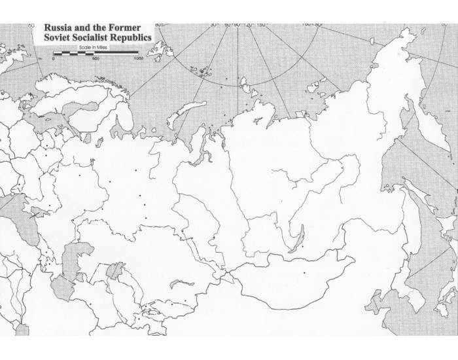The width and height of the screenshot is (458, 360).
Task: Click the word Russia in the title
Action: (58, 29)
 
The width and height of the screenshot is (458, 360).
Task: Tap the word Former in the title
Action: (122, 29)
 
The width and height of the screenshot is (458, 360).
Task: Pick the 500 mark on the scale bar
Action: (96, 59)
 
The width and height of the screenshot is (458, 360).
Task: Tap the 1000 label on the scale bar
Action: (139, 59)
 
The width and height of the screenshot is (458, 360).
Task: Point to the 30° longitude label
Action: (214, 25)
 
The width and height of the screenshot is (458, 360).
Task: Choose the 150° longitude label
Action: (262, 25)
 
